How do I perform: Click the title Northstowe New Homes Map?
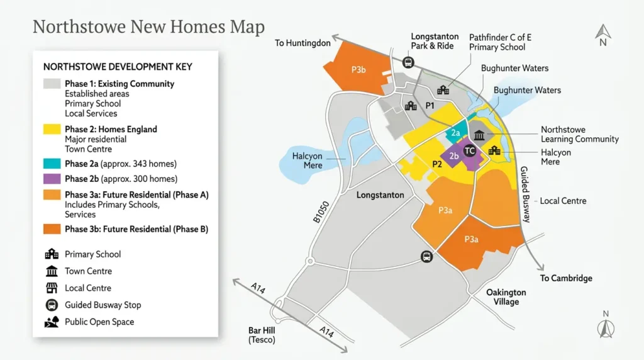(x=148, y=27)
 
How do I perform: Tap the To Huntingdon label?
(x=303, y=43)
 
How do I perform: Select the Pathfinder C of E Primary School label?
(x=500, y=42)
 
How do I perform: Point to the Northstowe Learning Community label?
(x=580, y=134)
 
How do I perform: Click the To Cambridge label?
(x=566, y=278)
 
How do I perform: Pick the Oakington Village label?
(x=506, y=297)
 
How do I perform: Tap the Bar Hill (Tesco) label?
(x=262, y=335)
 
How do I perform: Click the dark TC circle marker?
(x=469, y=151)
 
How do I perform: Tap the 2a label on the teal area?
(x=456, y=133)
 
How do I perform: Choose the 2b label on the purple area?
(x=454, y=156)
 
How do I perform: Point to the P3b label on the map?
(x=358, y=70)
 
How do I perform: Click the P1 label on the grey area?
(x=430, y=106)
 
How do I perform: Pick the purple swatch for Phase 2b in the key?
(x=52, y=179)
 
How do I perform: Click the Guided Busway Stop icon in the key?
(x=52, y=305)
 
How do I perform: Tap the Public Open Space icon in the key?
(x=52, y=322)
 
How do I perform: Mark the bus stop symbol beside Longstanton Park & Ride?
(x=408, y=62)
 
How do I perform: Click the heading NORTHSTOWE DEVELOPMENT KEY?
(x=118, y=67)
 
